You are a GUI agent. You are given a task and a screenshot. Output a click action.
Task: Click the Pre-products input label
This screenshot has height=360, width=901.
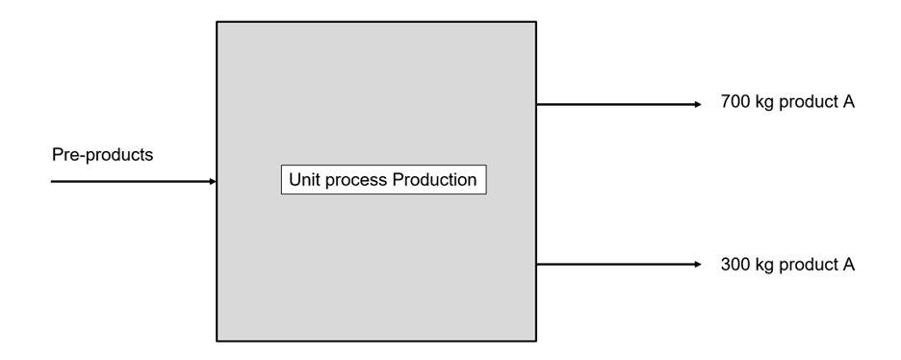point(101,155)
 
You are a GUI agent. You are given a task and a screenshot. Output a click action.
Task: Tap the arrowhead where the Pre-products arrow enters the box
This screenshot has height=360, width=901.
point(213,181)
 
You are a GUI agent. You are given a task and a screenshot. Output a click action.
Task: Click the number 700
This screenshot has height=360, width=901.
point(735,102)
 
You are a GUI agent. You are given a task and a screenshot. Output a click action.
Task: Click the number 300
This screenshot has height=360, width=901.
point(735,264)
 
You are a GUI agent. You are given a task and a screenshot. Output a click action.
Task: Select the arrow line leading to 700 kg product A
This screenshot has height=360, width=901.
point(616,104)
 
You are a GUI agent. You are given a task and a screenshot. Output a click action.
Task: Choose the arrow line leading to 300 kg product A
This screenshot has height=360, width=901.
point(616,265)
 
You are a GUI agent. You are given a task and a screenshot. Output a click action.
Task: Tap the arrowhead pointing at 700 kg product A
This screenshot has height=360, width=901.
point(699,104)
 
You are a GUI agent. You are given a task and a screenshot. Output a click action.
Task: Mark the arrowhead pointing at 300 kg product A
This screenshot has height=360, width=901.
point(699,265)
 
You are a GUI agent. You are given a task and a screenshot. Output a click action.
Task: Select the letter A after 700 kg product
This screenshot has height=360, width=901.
point(848,102)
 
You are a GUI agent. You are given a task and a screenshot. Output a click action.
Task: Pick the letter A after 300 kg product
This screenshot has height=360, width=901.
point(848,264)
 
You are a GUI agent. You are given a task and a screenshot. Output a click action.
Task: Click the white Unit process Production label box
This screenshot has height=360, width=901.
point(384,180)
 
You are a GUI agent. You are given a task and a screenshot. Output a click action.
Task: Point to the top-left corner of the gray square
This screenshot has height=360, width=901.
point(217,22)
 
